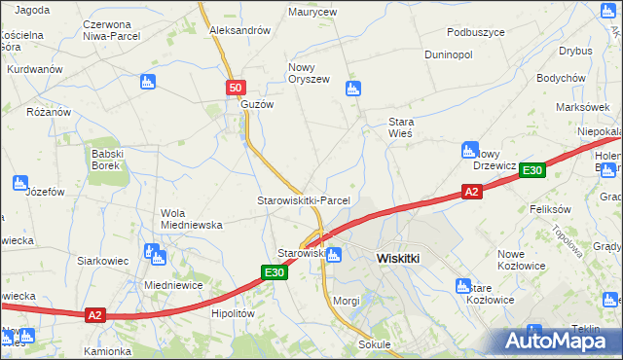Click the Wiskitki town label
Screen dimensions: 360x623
(397, 259)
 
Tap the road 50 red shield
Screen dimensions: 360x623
(236, 88)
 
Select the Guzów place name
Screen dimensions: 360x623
(257, 104)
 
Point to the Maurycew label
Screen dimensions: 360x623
(311, 13)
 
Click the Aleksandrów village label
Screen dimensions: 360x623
(239, 30)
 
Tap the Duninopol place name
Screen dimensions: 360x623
(448, 54)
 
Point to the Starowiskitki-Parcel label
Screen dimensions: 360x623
(303, 199)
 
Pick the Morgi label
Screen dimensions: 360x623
(346, 301)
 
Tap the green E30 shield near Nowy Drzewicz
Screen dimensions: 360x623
(531, 170)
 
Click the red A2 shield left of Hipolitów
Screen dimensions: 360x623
(94, 314)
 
